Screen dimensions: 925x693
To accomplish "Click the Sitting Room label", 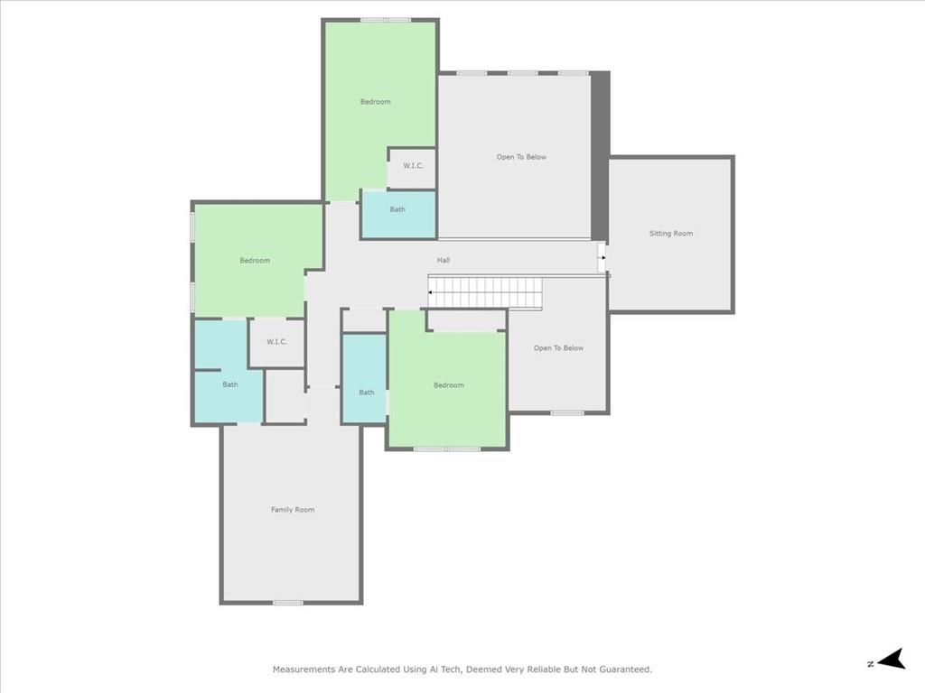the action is [671, 234].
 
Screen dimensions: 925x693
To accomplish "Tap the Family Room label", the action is [293, 510].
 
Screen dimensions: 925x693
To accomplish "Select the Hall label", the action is [444, 260].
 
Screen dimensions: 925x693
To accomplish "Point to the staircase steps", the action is [485, 292].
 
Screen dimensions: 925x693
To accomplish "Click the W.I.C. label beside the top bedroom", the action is [413, 166].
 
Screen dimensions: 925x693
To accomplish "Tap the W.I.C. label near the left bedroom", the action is [276, 342].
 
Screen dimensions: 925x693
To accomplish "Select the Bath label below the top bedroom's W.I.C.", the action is [397, 209].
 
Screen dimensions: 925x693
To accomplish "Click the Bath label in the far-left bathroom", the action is [230, 384].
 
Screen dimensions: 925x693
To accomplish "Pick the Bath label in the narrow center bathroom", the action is [367, 392].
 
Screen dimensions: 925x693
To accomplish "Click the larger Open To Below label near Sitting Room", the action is [521, 157].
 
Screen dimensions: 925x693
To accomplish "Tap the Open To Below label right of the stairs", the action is [558, 347].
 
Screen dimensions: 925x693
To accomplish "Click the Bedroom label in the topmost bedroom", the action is [375, 101].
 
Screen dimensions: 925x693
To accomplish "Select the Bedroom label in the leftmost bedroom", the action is [255, 261].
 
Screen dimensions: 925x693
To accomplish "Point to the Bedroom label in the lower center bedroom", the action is [449, 385].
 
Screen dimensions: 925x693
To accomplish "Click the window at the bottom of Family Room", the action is [287, 603].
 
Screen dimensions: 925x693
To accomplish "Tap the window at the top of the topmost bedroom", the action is [386, 20].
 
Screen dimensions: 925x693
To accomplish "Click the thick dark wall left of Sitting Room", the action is [600, 156].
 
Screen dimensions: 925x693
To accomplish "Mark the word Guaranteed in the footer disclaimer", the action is [625, 670].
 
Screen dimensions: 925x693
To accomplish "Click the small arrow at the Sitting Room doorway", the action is [603, 257].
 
